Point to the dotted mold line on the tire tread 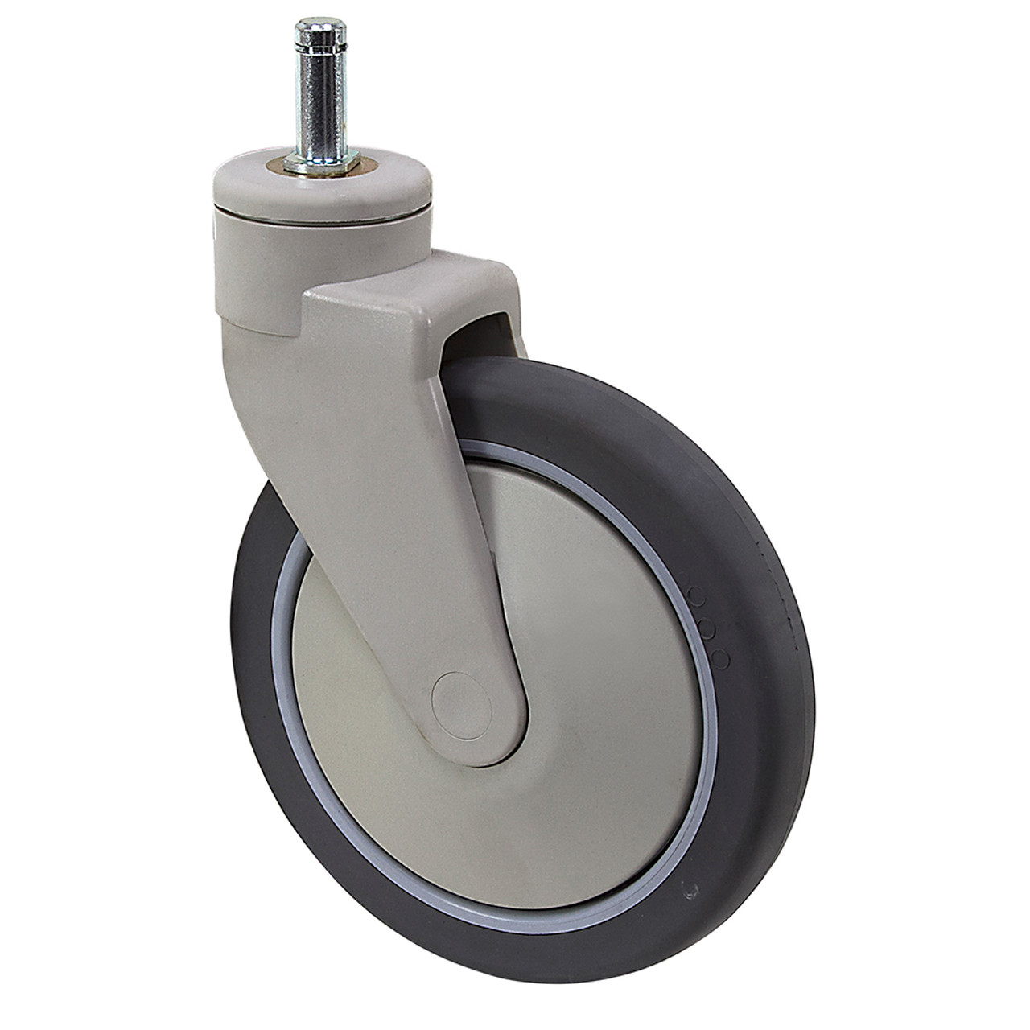point(772,579)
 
